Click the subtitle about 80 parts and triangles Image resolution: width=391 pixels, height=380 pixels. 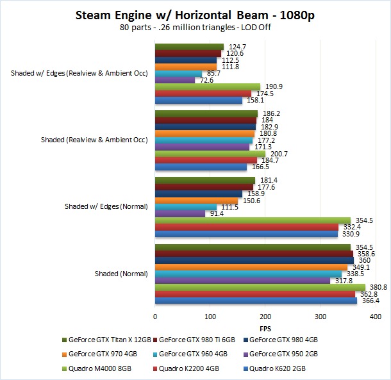tap(195, 28)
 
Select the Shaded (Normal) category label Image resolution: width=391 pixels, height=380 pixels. tap(121, 274)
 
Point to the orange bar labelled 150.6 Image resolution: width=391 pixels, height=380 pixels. tap(196, 201)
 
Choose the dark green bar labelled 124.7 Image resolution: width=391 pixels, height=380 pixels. tap(189, 47)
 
